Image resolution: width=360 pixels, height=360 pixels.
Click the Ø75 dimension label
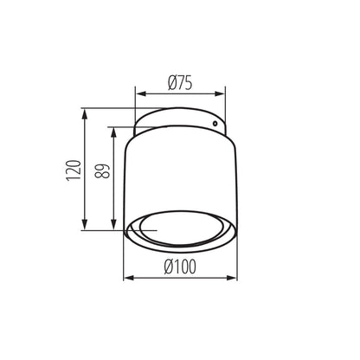point(179,83)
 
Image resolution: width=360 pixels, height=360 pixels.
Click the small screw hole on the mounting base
point(214,122)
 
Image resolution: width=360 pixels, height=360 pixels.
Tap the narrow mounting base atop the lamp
point(181,120)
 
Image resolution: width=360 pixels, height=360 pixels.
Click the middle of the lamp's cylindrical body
point(181,173)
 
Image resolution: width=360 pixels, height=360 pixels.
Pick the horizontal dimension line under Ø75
point(181,93)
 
